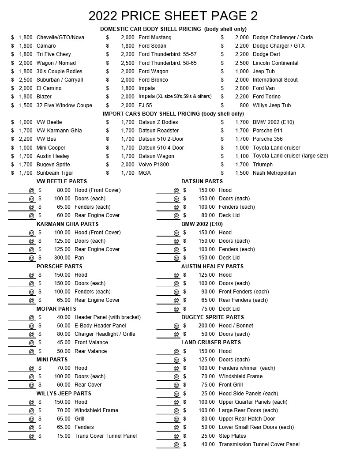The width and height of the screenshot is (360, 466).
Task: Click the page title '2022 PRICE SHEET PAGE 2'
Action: click(x=173, y=16)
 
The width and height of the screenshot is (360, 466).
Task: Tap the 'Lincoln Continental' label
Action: click(x=275, y=63)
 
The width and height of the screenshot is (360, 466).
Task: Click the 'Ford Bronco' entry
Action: click(x=153, y=80)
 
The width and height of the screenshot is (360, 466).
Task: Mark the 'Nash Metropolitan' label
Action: click(x=274, y=173)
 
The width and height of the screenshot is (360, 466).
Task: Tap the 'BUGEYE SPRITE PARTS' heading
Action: click(x=213, y=317)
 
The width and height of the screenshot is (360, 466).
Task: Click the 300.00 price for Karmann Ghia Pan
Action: click(x=62, y=258)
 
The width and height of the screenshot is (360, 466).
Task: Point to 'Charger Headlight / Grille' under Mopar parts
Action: click(x=105, y=334)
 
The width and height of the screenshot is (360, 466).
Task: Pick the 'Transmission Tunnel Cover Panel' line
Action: click(x=259, y=444)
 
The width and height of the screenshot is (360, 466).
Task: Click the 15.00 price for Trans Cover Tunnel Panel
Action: click(x=64, y=436)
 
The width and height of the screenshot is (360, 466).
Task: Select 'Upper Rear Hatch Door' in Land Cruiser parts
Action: click(x=247, y=419)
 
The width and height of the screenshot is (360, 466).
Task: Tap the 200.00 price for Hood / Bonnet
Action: click(x=206, y=326)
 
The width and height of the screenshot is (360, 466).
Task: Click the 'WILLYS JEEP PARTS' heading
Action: click(x=64, y=394)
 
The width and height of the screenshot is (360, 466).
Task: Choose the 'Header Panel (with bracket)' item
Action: click(x=108, y=317)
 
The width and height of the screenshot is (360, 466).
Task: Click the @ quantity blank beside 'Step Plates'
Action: click(x=169, y=436)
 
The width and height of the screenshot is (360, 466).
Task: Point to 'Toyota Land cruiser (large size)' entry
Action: click(x=290, y=156)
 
